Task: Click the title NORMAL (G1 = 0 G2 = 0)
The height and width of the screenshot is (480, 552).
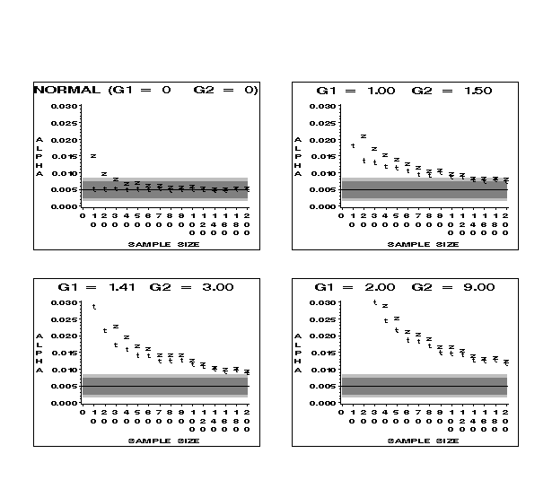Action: click(x=146, y=90)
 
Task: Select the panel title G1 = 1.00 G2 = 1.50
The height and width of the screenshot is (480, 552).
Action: click(x=405, y=90)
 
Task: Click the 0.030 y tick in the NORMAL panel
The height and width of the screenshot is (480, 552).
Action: click(x=66, y=106)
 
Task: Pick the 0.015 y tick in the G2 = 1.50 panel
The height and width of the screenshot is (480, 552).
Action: click(x=326, y=156)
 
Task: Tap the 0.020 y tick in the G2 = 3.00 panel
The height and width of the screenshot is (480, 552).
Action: click(x=66, y=336)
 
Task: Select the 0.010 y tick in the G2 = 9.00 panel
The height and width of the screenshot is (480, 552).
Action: click(x=326, y=370)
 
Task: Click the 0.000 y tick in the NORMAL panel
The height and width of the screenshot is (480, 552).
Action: click(x=66, y=206)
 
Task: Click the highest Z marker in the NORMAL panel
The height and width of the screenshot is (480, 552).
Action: click(x=93, y=156)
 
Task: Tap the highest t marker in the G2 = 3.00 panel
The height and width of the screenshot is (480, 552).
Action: click(x=93, y=307)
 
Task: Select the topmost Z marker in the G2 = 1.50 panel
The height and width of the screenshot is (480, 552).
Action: click(x=364, y=136)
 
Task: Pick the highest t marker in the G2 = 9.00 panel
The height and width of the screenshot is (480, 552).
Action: click(x=375, y=302)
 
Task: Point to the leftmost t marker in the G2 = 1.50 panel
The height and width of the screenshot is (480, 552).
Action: click(x=353, y=145)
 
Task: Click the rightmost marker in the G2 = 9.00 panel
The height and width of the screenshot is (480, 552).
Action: click(x=507, y=362)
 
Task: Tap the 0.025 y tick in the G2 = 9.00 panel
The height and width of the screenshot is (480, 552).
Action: click(x=326, y=319)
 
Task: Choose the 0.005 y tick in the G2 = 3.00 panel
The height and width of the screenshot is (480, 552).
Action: click(x=66, y=387)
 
